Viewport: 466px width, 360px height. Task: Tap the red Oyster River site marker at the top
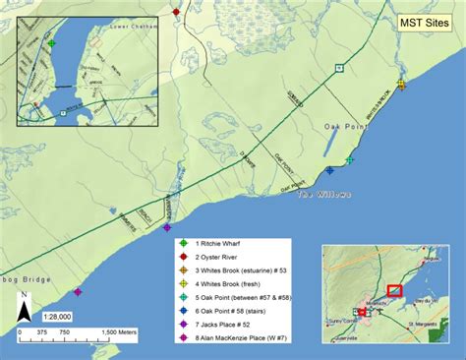[x=175, y=12]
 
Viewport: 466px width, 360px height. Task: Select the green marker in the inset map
[x=51, y=43]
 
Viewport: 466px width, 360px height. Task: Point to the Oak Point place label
[x=346, y=127]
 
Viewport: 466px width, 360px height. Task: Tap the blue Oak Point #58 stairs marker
[x=330, y=170]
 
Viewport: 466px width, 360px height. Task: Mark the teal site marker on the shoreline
[x=350, y=158]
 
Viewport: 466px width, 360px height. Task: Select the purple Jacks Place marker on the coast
[x=165, y=228]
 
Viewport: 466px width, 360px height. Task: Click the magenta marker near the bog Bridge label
[x=78, y=291]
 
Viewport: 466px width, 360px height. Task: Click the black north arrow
[x=22, y=312]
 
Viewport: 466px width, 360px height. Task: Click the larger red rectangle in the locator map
[x=395, y=289]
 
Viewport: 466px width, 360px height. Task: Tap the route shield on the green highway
[x=337, y=67]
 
